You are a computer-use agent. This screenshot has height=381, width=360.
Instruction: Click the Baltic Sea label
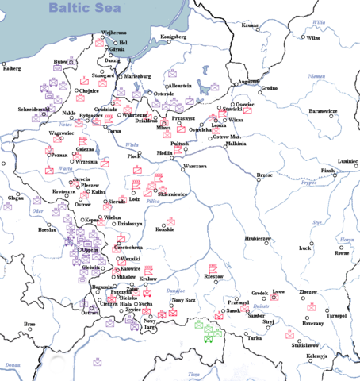(x=84, y=9)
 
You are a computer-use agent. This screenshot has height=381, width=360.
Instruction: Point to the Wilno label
(x=313, y=37)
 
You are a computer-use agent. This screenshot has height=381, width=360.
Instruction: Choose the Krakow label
(x=149, y=279)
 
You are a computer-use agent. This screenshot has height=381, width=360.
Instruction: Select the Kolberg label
(x=12, y=68)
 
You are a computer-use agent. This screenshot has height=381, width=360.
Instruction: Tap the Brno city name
(x=29, y=324)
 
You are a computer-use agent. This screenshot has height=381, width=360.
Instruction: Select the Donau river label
(x=12, y=365)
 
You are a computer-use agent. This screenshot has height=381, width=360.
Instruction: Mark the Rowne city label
(x=342, y=254)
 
